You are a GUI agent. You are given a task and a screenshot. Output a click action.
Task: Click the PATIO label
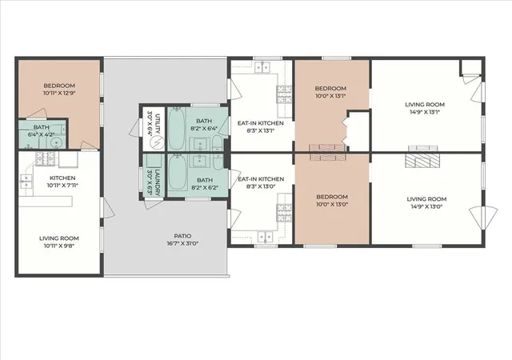click(x=182, y=236)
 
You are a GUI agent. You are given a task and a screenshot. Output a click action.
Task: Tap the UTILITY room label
click(x=158, y=123)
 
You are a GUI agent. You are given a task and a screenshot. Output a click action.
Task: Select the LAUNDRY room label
click(x=158, y=182)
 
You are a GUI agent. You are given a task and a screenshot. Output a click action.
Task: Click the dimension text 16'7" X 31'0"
click(x=182, y=243)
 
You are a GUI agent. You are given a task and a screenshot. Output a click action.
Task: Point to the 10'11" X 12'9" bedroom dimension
click(x=59, y=93)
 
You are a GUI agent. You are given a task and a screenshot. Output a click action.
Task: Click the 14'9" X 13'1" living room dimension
click(x=425, y=112)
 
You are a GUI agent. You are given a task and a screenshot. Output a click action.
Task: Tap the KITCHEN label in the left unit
click(x=62, y=178)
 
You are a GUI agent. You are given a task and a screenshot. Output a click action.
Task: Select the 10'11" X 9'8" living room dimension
click(x=59, y=246)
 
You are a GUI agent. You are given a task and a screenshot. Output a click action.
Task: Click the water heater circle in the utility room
click(x=157, y=142)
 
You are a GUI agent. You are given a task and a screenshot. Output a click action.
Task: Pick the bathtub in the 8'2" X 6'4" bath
click(x=177, y=128)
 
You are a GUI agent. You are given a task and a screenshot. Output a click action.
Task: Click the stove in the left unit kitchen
click(x=46, y=158)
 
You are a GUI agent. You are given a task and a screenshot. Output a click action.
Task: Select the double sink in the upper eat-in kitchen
click(x=262, y=67)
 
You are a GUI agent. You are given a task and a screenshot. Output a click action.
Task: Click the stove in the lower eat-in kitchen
click(x=284, y=213)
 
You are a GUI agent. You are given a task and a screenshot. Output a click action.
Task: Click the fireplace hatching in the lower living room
click(x=422, y=160)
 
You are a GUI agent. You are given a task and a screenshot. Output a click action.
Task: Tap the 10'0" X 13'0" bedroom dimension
click(x=332, y=205)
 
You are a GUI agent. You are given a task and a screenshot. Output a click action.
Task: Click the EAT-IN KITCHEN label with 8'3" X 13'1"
click(x=261, y=123)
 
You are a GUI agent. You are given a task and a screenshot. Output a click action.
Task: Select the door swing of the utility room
click(x=135, y=127)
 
